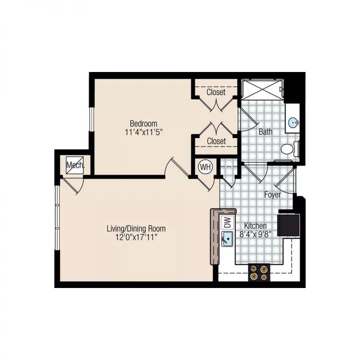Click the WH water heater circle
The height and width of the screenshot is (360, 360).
pos(205,167)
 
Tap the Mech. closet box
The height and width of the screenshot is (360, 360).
pos(75,166)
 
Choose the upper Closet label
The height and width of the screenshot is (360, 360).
pos(216,92)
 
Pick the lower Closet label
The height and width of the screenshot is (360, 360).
pos(216,141)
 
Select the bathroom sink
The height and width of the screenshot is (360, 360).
pos(293,123)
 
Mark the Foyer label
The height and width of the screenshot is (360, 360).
pos(273,195)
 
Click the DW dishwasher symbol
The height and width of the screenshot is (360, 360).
pos(226,223)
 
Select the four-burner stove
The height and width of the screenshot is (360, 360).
pos(258,273)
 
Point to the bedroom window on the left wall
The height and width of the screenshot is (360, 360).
pos(91,116)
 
